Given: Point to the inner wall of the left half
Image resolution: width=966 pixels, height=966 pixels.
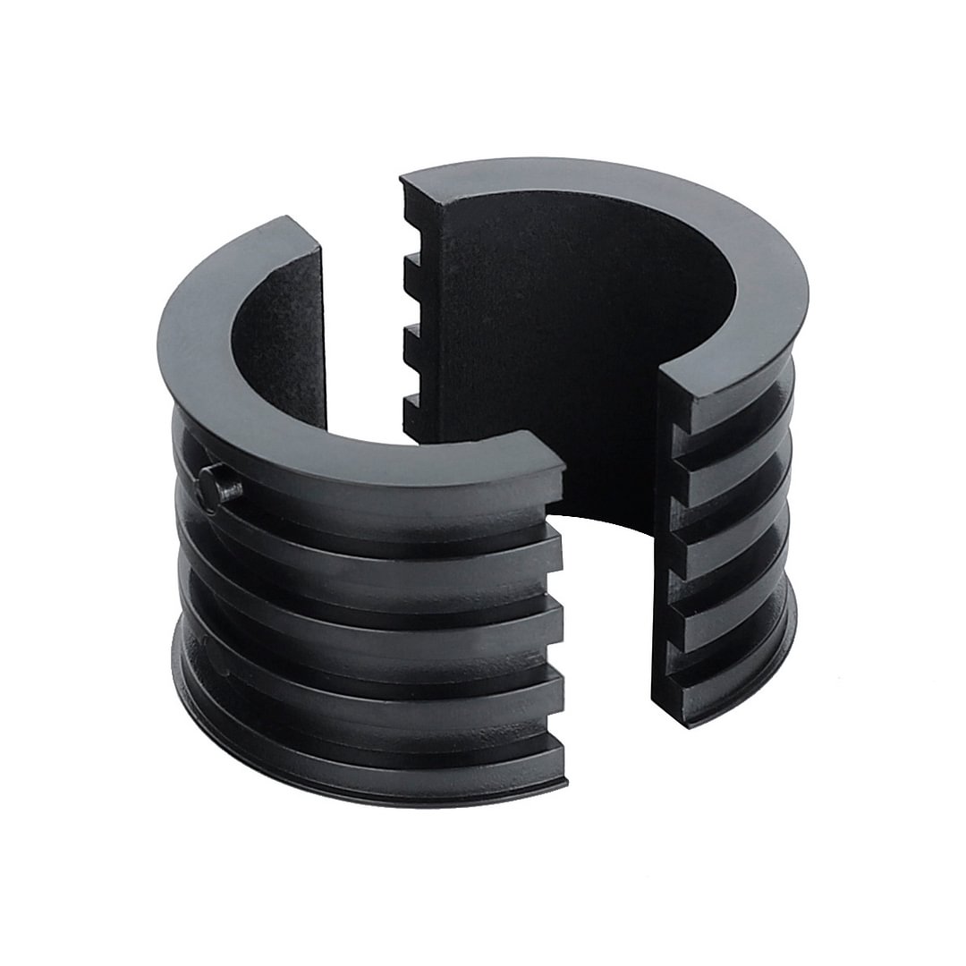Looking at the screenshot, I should (277, 349).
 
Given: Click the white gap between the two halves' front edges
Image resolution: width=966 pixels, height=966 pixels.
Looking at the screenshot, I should (608, 626).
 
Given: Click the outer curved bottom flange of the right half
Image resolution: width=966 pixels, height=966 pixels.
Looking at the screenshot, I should (760, 662).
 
